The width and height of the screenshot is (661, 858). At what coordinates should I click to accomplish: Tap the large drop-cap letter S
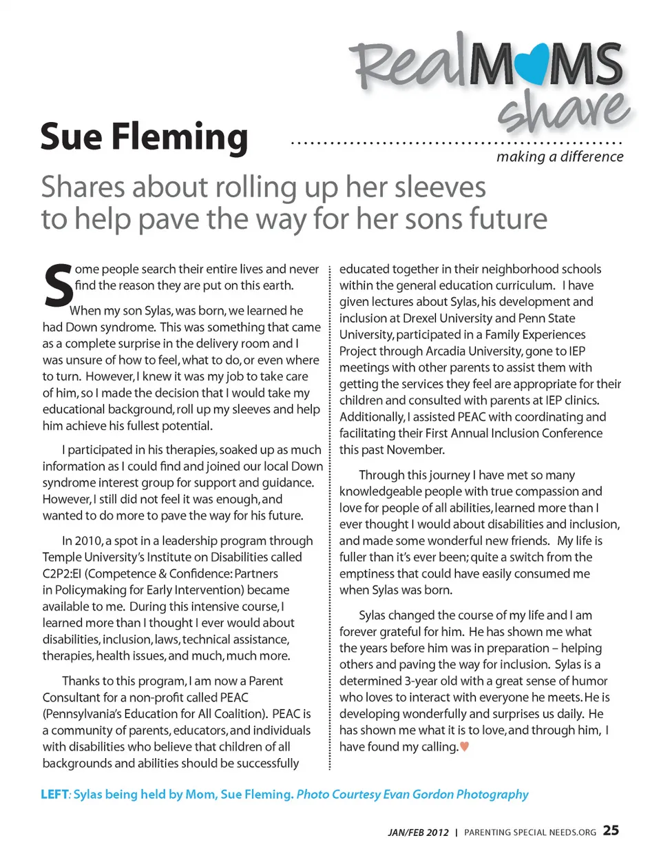click(58, 285)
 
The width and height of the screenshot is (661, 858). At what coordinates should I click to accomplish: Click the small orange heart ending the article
click(465, 746)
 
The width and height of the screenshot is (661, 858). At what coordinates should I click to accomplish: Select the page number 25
click(611, 830)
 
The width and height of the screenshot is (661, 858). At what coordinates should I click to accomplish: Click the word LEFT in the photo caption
click(54, 794)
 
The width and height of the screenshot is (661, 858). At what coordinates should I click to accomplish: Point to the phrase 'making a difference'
click(560, 157)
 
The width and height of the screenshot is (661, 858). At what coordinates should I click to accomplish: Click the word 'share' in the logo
click(563, 110)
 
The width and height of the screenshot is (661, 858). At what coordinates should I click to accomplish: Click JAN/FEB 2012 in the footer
click(418, 833)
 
